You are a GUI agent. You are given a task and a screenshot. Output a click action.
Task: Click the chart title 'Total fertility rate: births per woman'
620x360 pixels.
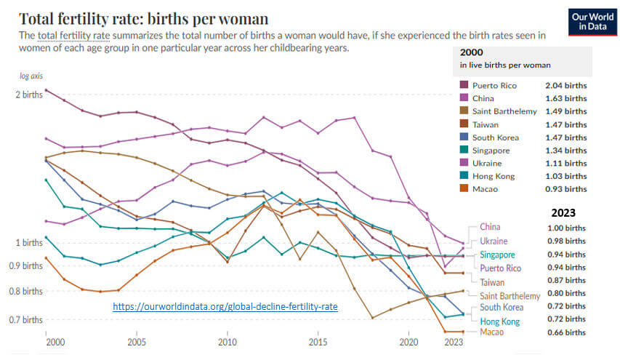tap(143, 18)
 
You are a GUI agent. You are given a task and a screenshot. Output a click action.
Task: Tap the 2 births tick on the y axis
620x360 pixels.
tap(28, 95)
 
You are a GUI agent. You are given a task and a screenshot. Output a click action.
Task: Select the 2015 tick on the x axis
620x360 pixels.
tap(318, 342)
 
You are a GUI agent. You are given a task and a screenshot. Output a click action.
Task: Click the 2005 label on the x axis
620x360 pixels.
tap(137, 342)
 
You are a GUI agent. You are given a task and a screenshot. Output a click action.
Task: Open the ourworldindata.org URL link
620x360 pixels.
tap(225, 307)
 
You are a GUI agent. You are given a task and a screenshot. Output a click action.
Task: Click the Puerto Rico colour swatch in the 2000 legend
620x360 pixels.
tap(463, 85)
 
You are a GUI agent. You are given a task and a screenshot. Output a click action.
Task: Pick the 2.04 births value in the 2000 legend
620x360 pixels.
tap(565, 85)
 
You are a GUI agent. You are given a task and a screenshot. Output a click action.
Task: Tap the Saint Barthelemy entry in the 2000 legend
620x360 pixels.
tap(504, 111)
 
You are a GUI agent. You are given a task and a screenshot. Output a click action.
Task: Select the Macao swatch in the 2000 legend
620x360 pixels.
tap(463, 189)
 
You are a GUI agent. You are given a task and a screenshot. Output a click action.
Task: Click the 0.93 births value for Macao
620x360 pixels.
tap(565, 189)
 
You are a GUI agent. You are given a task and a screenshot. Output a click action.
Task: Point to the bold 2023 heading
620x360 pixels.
tap(563, 213)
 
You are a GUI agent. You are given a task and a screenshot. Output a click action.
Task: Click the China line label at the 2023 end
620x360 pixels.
tap(490, 227)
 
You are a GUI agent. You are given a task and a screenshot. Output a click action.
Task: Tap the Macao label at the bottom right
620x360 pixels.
tap(493, 332)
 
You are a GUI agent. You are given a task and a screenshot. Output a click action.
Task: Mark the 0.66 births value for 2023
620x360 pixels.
tap(565, 332)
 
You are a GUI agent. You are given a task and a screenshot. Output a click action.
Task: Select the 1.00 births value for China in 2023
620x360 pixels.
tap(565, 228)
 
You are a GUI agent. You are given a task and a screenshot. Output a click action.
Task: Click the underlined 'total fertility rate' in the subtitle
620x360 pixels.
tap(74, 36)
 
